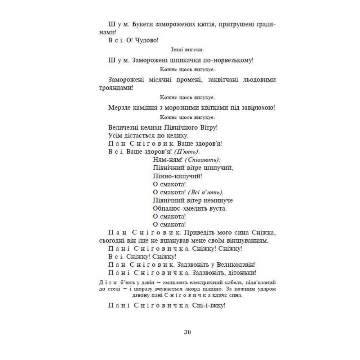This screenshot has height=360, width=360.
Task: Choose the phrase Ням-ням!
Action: (x=163, y=159)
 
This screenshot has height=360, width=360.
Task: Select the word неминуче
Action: (x=218, y=200)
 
